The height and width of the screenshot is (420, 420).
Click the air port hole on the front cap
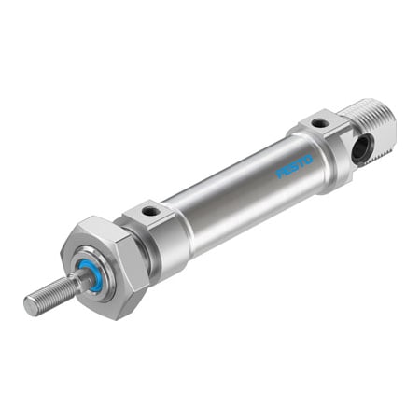(x=149, y=213)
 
